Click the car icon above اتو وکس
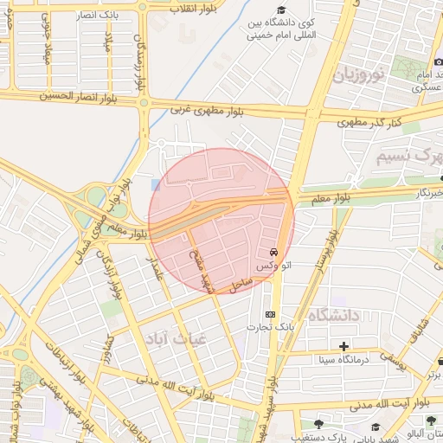(274, 251)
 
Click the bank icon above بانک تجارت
(271, 314)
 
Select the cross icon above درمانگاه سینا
(344, 346)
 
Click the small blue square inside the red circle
(155, 184)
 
